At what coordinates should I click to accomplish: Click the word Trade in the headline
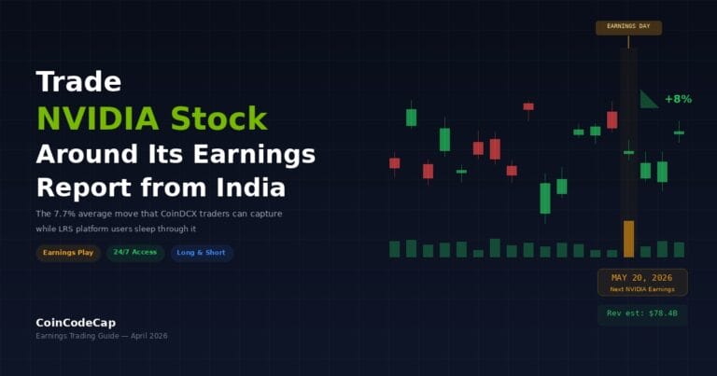[x=78, y=82]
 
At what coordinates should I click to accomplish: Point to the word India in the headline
[x=249, y=188]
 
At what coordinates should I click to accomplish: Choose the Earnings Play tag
[x=68, y=253]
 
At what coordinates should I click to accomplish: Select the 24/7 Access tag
[x=134, y=253]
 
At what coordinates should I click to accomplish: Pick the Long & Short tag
[x=202, y=253]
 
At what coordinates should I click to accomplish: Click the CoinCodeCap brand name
[x=77, y=322]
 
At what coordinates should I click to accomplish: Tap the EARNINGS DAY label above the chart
[x=628, y=28]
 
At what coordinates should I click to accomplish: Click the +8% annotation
[x=678, y=99]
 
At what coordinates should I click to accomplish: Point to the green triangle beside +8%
[x=646, y=101]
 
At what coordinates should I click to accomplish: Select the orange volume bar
[x=628, y=239]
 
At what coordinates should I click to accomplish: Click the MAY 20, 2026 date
[x=642, y=278]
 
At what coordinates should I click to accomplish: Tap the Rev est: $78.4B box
[x=642, y=313]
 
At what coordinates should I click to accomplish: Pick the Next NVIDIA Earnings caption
[x=642, y=289]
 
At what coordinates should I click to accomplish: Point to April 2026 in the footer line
[x=148, y=336]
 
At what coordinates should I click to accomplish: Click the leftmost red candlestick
[x=394, y=163]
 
